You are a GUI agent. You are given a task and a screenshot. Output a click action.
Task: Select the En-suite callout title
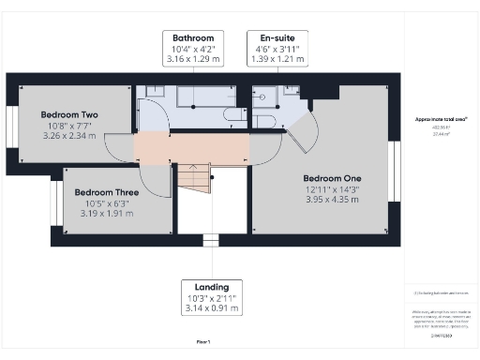point(273,37)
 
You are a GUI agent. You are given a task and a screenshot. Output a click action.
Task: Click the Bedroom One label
point(332,177)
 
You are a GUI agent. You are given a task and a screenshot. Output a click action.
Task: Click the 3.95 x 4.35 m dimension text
point(332,200)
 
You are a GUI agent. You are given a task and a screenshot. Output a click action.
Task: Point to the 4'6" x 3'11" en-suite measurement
point(273,49)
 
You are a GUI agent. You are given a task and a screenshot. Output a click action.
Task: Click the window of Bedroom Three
point(55,201)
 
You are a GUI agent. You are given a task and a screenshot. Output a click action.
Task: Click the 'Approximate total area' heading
point(441,120)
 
